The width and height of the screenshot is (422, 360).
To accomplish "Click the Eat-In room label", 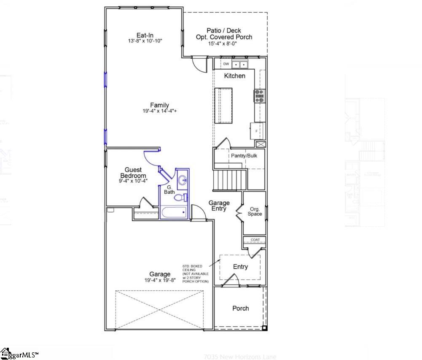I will click(x=145, y=35).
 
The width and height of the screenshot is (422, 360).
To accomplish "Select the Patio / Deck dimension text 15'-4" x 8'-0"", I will click(x=224, y=43).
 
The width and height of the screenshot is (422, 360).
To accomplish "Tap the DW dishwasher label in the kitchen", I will click(x=226, y=64).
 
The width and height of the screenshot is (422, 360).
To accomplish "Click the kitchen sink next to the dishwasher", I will click(x=240, y=65).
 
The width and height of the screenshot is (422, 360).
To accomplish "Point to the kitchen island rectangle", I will click(x=223, y=106).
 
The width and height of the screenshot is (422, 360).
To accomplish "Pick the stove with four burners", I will click(x=259, y=96).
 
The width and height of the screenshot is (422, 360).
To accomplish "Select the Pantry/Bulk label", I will click(x=244, y=156).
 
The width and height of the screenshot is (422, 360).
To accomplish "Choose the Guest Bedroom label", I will click(x=133, y=173).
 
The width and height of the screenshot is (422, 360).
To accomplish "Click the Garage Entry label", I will click(x=219, y=206).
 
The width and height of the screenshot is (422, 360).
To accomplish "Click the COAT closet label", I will click(x=255, y=240).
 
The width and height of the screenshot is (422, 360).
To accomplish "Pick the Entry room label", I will click(x=240, y=267).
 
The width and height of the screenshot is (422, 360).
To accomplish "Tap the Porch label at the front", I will click(x=241, y=309).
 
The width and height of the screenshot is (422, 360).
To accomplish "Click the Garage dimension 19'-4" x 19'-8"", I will click(x=159, y=280).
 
